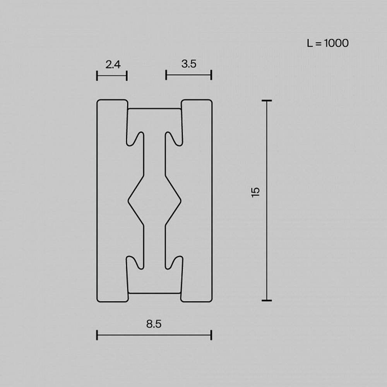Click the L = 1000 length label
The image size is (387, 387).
(x=328, y=43)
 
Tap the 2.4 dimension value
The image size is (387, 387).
(x=113, y=64)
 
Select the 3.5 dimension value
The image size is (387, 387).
(x=188, y=64)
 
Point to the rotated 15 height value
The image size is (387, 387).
(x=255, y=192)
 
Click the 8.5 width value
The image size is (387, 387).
(x=154, y=324)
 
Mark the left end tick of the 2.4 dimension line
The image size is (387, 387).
(x=97, y=76)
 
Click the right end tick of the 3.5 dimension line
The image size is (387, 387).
(x=211, y=75)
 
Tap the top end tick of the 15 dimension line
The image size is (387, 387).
(x=266, y=101)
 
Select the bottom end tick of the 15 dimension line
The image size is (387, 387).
(x=266, y=300)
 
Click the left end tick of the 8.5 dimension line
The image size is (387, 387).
(x=97, y=335)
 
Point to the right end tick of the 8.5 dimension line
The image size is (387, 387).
(x=211, y=335)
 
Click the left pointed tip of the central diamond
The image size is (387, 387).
(x=128, y=200)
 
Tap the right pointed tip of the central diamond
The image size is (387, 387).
(x=180, y=200)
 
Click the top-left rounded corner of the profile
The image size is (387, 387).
(x=98, y=102)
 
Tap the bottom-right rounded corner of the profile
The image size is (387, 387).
(x=210, y=299)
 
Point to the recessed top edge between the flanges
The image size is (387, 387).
(x=154, y=109)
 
